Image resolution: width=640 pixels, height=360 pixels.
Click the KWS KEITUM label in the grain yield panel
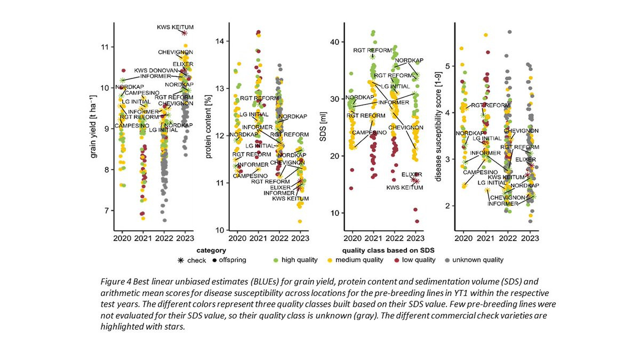coord(175,27)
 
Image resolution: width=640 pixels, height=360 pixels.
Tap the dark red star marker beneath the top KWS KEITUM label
coord(184,33)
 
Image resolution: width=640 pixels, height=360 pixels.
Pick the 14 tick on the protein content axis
coord(219,41)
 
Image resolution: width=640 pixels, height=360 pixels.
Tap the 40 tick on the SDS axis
coord(334,42)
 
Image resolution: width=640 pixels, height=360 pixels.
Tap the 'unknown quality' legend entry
coord(477,260)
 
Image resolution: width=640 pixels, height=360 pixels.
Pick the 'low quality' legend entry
coord(425,260)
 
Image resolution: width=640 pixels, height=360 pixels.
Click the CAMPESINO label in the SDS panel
coord(369,132)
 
